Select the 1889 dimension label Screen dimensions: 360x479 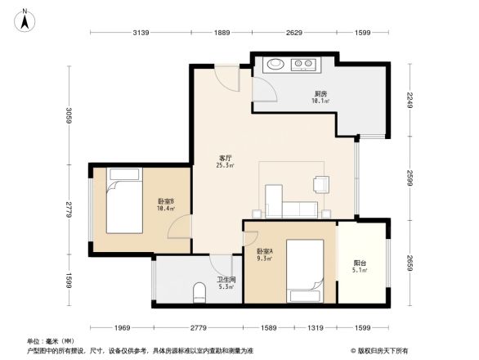pyautogui.click(x=222, y=33)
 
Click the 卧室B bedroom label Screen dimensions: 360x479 pyautogui.click(x=165, y=204)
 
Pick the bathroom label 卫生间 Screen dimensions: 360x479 pyautogui.click(x=225, y=280)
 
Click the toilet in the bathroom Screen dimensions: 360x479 pyautogui.click(x=199, y=291)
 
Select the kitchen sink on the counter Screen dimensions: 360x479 pyautogui.click(x=275, y=64)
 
